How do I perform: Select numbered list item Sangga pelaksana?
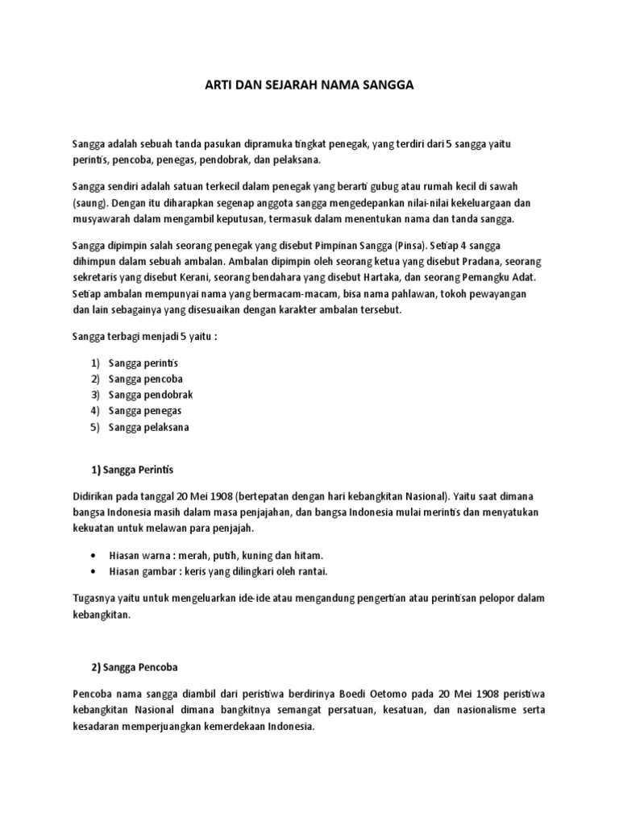(x=149, y=427)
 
